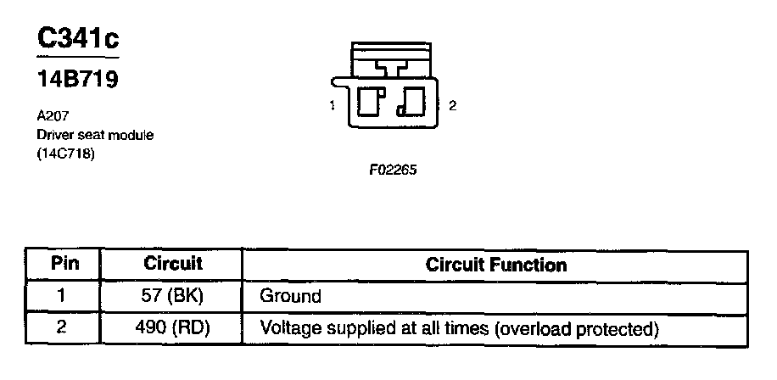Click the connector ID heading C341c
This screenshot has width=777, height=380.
point(77,39)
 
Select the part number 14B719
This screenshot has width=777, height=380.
point(77,81)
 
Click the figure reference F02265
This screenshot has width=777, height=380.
point(393,169)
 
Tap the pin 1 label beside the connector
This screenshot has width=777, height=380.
point(333,106)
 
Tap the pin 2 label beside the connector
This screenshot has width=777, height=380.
point(453,106)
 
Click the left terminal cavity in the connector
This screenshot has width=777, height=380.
point(371,101)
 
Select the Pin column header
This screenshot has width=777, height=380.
point(65,264)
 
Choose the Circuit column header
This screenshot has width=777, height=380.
point(173,264)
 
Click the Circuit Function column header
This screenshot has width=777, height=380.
point(495,265)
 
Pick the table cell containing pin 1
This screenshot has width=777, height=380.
point(62,296)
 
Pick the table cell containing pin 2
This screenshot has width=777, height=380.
point(62,327)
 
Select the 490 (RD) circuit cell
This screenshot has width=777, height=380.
point(173,327)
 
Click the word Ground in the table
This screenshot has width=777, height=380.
point(290,297)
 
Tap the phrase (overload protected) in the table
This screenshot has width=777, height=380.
point(578,328)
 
